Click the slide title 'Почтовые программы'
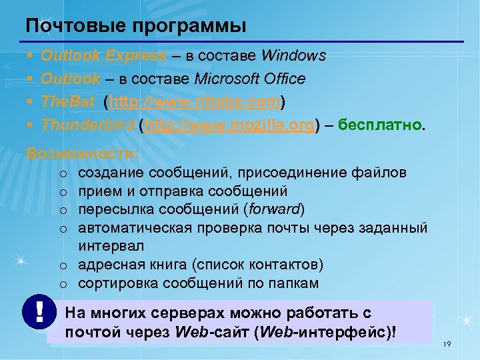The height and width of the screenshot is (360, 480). [x=136, y=26]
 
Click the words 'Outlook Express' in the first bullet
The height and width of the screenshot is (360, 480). [x=104, y=55]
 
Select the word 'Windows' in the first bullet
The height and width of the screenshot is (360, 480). [x=294, y=55]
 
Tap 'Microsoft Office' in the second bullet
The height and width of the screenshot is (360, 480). [x=250, y=79]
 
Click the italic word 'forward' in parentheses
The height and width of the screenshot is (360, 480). [x=274, y=210]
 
